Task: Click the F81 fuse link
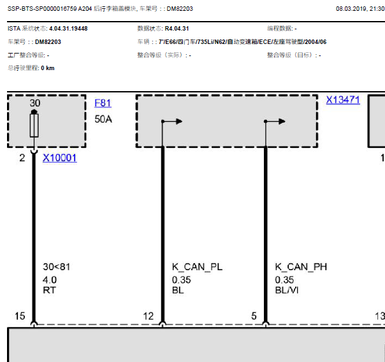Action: (x=103, y=103)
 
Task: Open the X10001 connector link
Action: (x=60, y=158)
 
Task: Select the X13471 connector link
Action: (x=343, y=100)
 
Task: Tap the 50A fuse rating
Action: (x=103, y=119)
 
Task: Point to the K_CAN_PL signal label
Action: (x=197, y=267)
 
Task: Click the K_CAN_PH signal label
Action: (x=301, y=267)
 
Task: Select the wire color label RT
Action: (x=49, y=290)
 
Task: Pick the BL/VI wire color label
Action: (x=287, y=290)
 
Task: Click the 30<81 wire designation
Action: (x=57, y=267)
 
